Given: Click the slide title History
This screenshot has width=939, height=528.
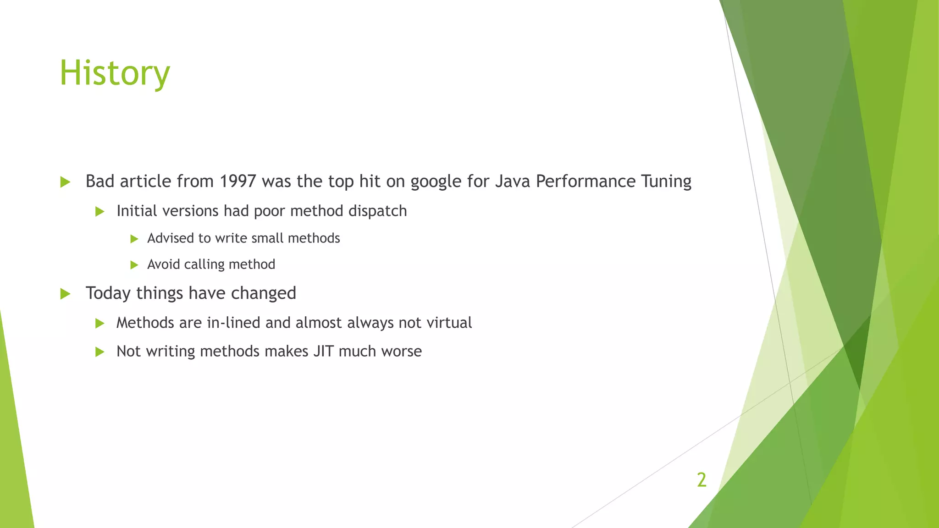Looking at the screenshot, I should tap(115, 73).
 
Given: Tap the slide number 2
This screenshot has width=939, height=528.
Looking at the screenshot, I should tap(701, 480).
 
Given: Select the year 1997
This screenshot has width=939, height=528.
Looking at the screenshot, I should tap(238, 181).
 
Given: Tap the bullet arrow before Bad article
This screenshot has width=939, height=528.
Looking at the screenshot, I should tap(65, 182).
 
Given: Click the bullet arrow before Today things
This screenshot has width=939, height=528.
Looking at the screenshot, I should tap(65, 294).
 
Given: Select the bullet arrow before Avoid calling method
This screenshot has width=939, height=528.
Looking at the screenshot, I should tap(134, 265).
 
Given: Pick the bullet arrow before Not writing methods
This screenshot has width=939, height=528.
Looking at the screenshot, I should tap(99, 352).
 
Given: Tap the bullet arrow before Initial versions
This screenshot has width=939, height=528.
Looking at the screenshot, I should tap(99, 212).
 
